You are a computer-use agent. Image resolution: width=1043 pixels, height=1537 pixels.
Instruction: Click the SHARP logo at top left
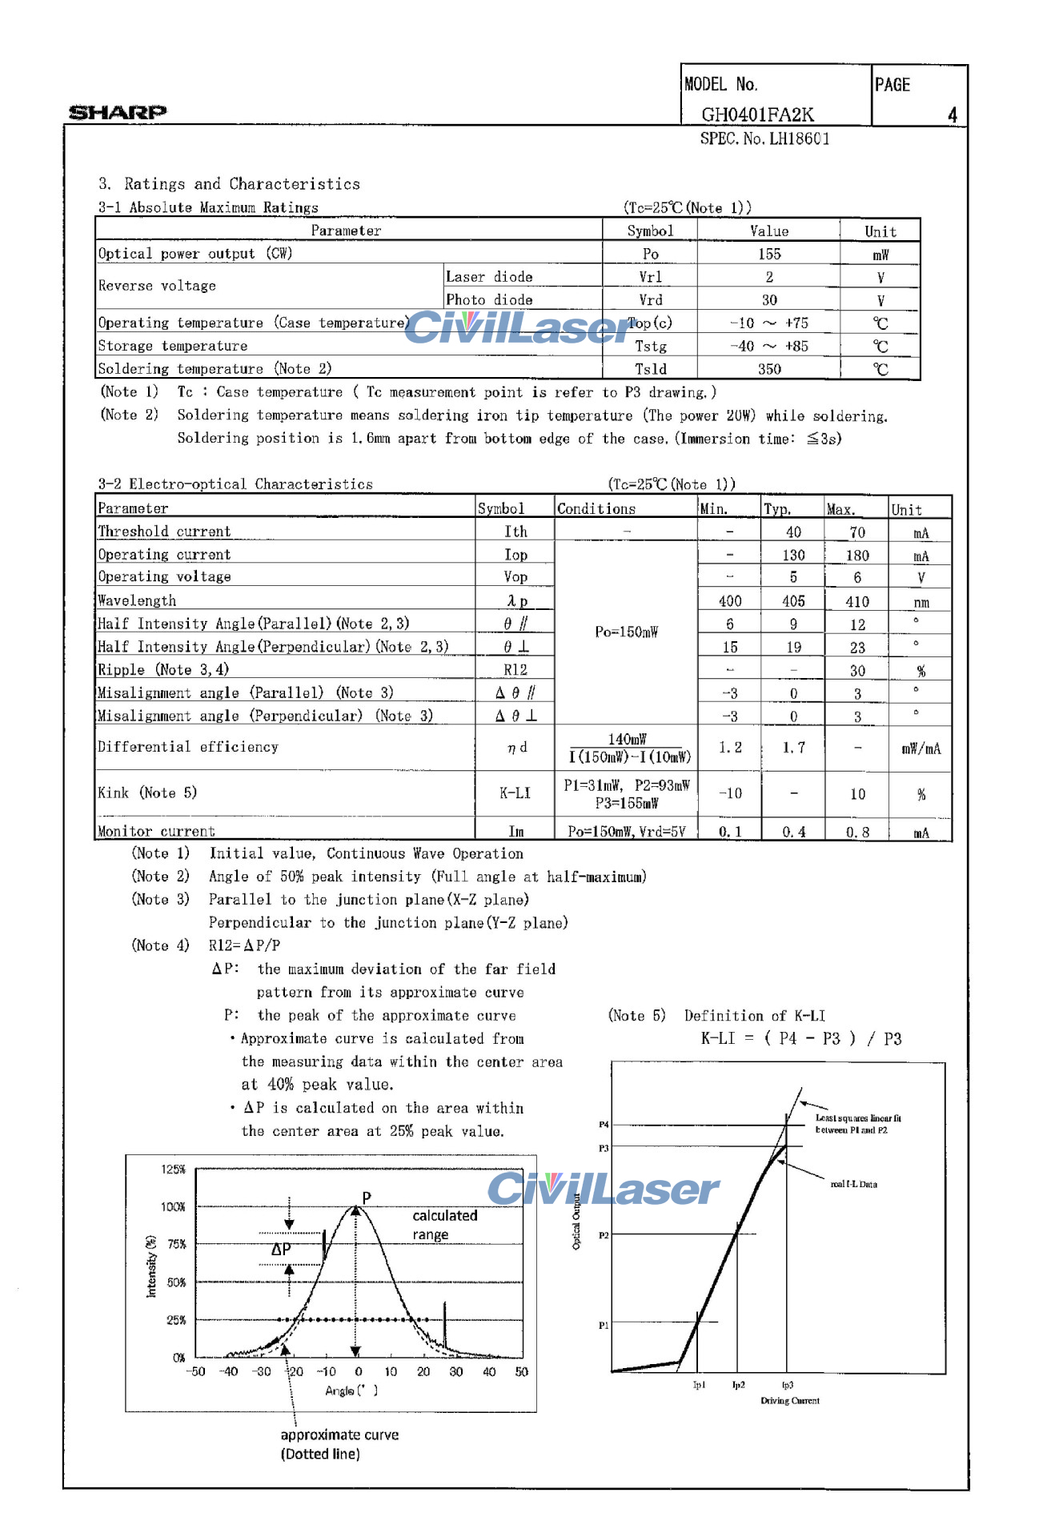pos(118,112)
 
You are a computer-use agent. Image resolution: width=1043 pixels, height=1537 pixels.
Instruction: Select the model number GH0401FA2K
pos(757,114)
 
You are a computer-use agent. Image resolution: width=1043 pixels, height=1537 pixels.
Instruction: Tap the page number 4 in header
pos(952,115)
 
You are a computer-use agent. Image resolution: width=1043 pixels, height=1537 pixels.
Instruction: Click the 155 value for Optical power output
pos(768,254)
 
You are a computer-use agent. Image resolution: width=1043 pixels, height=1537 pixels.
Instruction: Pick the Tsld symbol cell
pos(650,369)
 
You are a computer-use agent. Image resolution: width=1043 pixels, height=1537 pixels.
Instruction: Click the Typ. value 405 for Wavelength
pos(793,601)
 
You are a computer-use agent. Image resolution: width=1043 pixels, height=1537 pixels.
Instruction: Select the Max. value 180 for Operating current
pos(857,556)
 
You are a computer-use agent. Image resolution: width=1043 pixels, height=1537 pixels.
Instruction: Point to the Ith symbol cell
pos(515,532)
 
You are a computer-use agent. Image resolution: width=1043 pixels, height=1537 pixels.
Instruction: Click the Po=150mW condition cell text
pos(626,632)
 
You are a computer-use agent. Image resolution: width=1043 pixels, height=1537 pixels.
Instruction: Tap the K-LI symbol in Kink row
pos(515,793)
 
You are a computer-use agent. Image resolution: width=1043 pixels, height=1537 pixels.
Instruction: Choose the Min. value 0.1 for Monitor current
pos(729,832)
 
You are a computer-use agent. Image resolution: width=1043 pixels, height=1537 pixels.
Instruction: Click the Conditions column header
pos(596,509)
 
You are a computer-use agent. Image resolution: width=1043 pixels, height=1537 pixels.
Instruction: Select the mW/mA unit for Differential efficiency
pos(921,749)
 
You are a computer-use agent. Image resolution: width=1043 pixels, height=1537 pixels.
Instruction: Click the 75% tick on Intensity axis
pos(176,1244)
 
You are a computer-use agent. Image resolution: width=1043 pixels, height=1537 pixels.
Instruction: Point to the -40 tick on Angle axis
pos(228,1371)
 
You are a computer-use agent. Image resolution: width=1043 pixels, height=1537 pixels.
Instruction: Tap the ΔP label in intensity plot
pos(281,1249)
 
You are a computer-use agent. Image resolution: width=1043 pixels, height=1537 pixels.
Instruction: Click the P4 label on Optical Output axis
pos(604,1125)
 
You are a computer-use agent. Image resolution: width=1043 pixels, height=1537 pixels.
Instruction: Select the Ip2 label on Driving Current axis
pos(738,1385)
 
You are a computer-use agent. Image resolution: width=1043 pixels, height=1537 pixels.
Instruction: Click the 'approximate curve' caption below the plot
pos(339,1435)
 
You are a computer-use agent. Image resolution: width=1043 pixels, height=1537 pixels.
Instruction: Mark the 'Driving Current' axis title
pos(789,1401)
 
